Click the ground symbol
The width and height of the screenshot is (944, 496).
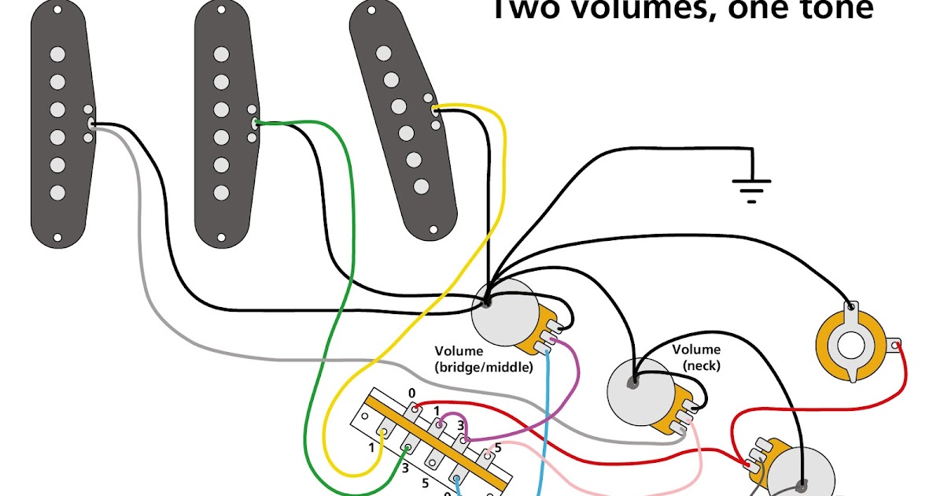(751, 187)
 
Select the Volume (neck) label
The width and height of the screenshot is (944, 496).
(696, 357)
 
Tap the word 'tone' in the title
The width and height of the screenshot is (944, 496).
(837, 9)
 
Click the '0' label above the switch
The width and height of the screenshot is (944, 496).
(411, 392)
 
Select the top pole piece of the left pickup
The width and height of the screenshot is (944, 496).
(57, 54)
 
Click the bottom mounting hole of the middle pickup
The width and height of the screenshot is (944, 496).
(221, 235)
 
